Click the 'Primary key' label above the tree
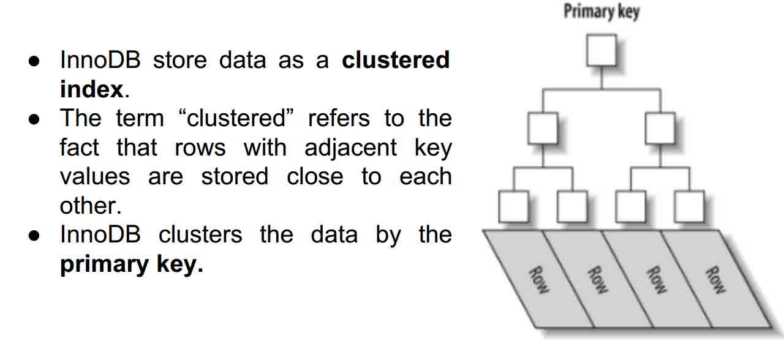(601, 12)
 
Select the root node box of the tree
(601, 51)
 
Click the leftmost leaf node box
(513, 207)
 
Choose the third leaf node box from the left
(630, 207)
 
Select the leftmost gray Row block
(538, 279)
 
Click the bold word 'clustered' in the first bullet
(396, 60)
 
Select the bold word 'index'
(91, 89)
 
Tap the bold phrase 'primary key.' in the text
(131, 264)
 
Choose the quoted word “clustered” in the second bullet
(239, 118)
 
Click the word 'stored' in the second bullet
(235, 176)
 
